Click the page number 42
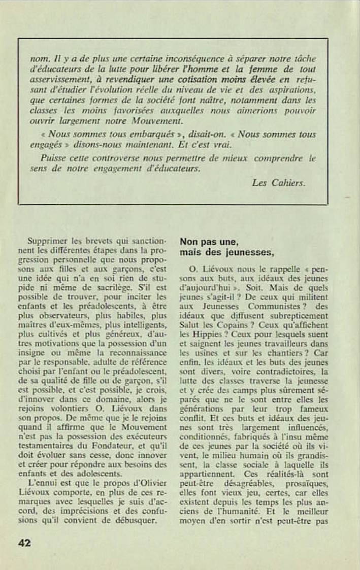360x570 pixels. [24, 543]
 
